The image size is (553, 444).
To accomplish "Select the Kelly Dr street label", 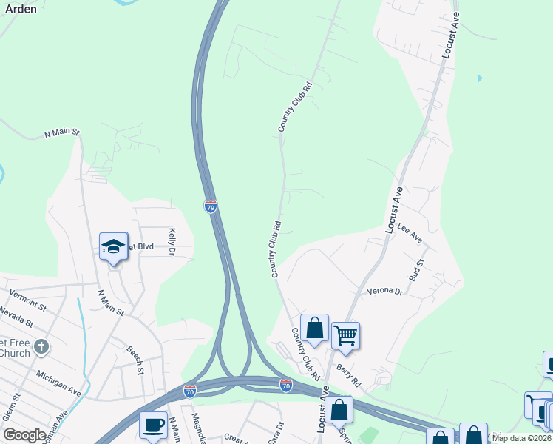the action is coord(172,241).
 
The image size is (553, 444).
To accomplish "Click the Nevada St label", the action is coord(17,317).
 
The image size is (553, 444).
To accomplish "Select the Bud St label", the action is coord(420,269).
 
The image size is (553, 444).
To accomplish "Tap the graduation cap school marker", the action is coord(113,247).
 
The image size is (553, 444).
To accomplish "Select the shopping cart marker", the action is coord(345,336).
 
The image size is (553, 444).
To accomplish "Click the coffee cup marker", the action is coord(154,425).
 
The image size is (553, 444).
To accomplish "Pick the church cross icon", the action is coord(41,346).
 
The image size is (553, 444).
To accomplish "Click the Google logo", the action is coord(24,435).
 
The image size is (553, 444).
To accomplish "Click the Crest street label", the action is coord(235,437).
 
